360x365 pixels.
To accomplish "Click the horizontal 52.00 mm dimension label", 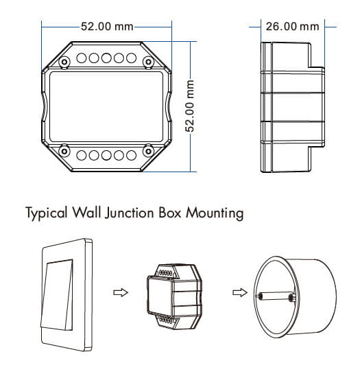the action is tap(107, 27).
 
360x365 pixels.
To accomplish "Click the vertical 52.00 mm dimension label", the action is tap(190, 106).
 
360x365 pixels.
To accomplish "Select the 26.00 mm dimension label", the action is tap(292, 27).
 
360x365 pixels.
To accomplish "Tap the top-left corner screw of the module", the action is tap(64, 62).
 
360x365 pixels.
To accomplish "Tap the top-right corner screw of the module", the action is tap(148, 62).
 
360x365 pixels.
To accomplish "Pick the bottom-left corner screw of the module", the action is tap(64, 152).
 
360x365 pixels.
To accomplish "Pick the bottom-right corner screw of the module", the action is tap(148, 152).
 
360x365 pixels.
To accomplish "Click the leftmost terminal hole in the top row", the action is tap(82, 58).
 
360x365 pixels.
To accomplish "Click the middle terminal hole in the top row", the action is tap(106, 58).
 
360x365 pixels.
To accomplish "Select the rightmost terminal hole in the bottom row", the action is tap(131, 155).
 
